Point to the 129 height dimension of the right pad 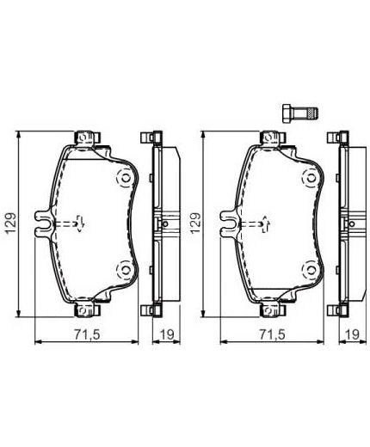(196, 222)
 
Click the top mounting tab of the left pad (87, 137)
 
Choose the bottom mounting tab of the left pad (87, 308)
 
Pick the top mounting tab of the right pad (271, 137)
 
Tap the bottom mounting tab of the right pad (271, 308)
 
